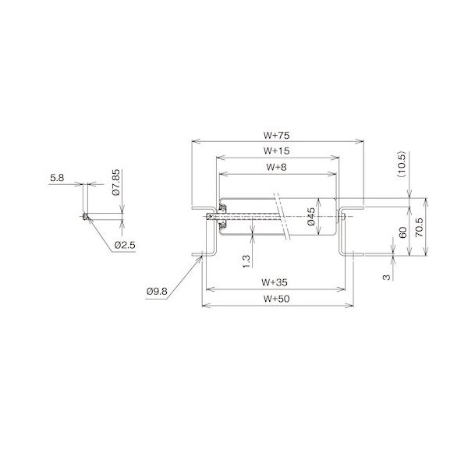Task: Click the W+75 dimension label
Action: (278, 135)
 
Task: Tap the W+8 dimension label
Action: (278, 166)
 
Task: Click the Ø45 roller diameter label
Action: (311, 218)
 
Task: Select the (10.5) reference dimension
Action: (401, 165)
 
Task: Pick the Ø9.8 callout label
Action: (156, 292)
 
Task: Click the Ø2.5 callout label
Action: (125, 245)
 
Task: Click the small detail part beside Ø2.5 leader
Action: (83, 216)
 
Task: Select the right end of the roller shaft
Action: (344, 216)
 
